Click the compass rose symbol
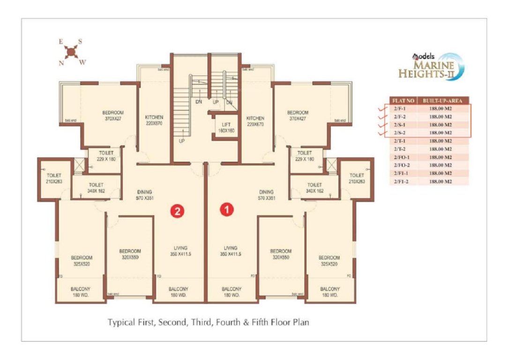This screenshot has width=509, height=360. [71, 51]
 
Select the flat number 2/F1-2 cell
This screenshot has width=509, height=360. [402, 181]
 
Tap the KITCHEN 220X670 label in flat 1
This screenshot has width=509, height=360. [255, 121]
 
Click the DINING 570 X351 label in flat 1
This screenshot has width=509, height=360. [266, 195]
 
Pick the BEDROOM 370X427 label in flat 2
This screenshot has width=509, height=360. [113, 115]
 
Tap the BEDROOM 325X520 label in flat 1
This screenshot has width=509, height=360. [329, 261]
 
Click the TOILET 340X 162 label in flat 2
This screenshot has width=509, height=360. [96, 188]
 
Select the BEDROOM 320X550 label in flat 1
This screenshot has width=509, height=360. [281, 254]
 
